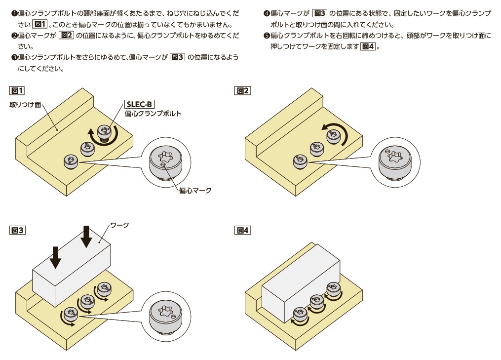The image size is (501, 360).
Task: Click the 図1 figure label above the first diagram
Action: tap(17, 90)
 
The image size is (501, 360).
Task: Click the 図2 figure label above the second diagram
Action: tap(243, 90)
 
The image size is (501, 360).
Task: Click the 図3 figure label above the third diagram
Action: tap(17, 230)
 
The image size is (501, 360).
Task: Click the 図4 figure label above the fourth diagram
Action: tap(243, 230)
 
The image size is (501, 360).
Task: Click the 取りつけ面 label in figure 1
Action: tap(25, 105)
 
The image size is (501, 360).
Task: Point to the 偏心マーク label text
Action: tap(195, 190)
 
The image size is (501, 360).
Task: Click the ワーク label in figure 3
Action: tap(119, 225)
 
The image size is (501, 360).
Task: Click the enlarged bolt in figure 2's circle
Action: tap(395, 161)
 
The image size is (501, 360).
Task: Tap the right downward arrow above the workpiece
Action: tap(86, 237)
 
